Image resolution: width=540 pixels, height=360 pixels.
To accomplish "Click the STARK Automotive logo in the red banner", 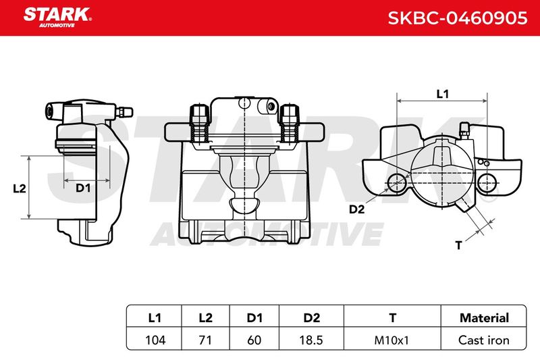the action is pyautogui.click(x=57, y=18).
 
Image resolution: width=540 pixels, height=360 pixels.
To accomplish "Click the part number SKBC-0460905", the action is pyautogui.click(x=458, y=18).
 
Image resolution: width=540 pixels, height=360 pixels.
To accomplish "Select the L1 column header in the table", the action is pyautogui.click(x=155, y=317).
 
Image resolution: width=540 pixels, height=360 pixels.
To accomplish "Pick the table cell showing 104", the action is pyautogui.click(x=155, y=340).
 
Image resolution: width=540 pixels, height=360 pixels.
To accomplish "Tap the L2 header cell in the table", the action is pyautogui.click(x=206, y=317).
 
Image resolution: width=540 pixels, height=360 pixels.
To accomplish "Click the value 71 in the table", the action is pyautogui.click(x=205, y=340).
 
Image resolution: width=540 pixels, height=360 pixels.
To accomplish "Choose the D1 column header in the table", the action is pyautogui.click(x=254, y=317).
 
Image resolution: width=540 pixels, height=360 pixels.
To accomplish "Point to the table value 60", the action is pyautogui.click(x=254, y=340).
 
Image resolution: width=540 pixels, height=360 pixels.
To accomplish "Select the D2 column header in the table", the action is pyautogui.click(x=312, y=317).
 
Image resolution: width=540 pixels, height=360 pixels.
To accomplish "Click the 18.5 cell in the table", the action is pyautogui.click(x=311, y=340).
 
